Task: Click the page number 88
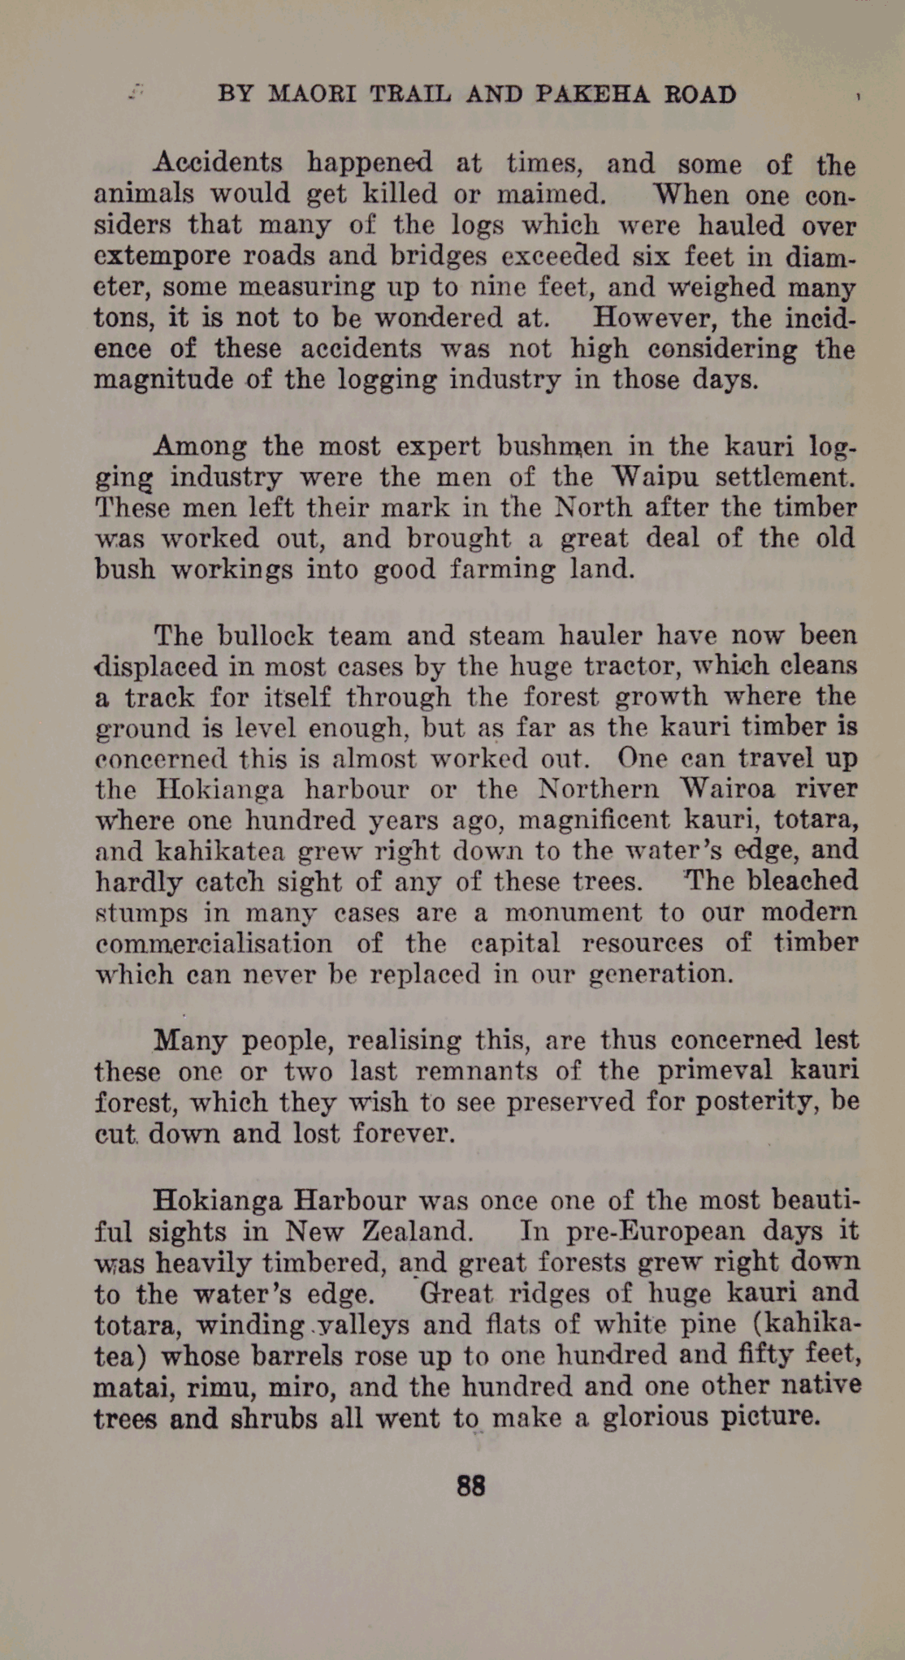[x=471, y=1485]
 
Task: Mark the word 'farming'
[x=501, y=568]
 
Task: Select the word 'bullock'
[x=250, y=635]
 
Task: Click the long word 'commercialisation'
[x=214, y=943]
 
